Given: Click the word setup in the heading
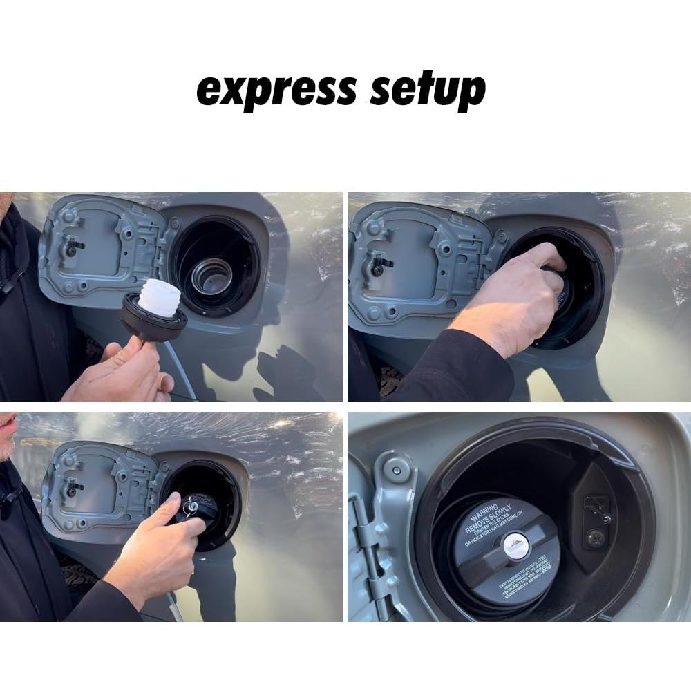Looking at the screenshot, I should click(x=427, y=91).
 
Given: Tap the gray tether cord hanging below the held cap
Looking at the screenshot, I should click(x=181, y=373).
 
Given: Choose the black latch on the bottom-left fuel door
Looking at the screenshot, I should click(x=71, y=487).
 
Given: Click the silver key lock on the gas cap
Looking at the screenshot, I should click(x=515, y=546).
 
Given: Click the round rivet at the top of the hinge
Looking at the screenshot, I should click(x=395, y=470).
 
